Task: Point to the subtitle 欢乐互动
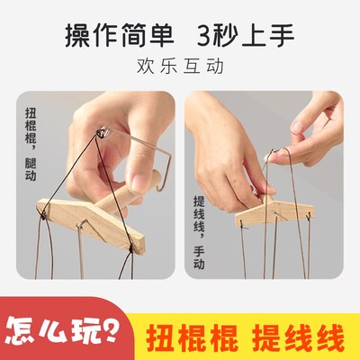click(x=180, y=67)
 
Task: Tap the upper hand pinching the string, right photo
click(x=315, y=135)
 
